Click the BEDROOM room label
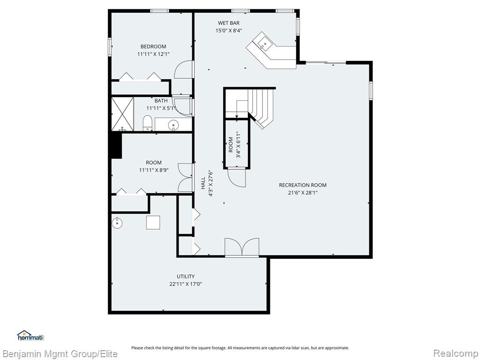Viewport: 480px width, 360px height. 153,46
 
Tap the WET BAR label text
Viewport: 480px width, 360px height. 229,23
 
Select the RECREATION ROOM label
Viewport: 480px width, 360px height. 303,185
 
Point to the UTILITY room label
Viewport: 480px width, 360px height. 186,277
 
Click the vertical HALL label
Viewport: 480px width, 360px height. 203,183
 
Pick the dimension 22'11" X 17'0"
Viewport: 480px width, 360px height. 186,284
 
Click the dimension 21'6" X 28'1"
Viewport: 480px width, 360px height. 303,193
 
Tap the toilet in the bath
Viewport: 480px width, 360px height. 148,123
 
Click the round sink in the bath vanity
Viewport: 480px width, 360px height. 173,125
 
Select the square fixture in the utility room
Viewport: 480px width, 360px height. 153,223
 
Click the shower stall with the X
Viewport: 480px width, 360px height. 122,114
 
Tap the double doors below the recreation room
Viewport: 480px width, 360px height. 242,247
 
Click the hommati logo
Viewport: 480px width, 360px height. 31,336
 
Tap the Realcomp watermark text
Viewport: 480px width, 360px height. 455,353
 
